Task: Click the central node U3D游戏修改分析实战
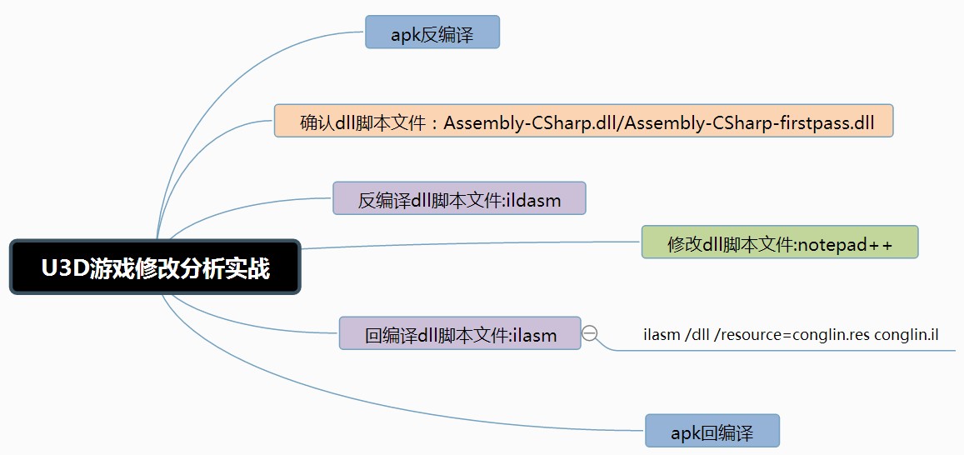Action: point(155,267)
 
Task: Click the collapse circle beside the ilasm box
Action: point(590,333)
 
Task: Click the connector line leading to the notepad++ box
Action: point(467,245)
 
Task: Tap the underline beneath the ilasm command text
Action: point(792,351)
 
